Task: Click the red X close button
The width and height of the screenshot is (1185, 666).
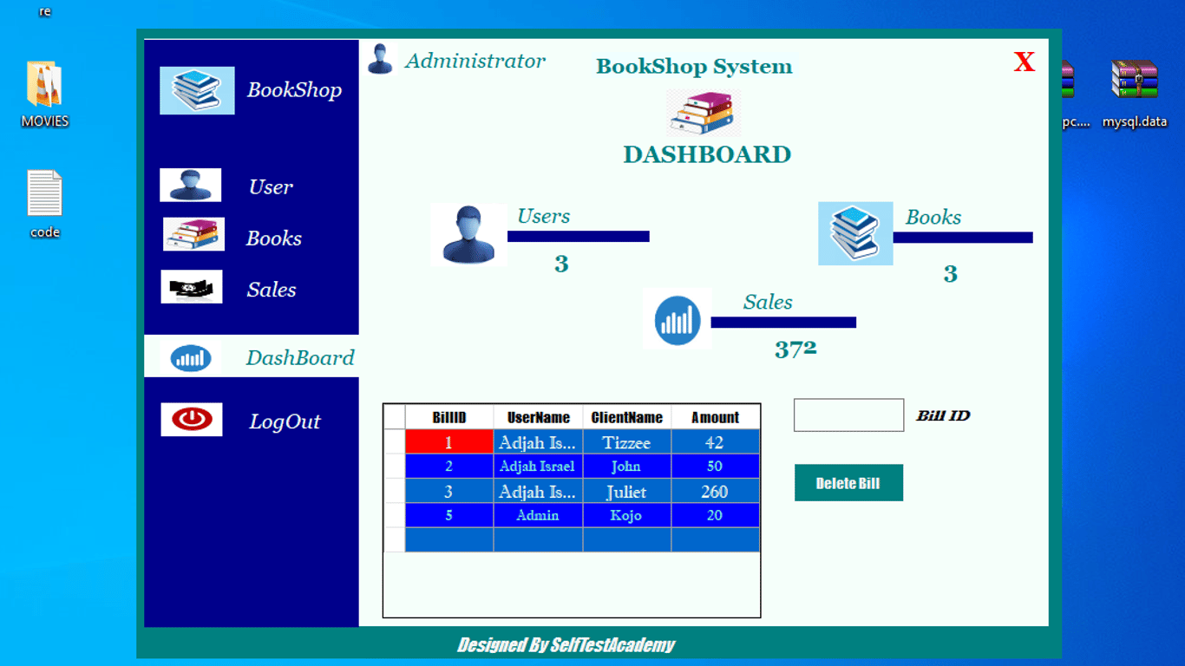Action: [1025, 62]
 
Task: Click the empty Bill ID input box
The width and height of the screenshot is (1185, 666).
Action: [848, 415]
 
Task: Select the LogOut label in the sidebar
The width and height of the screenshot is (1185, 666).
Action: [285, 421]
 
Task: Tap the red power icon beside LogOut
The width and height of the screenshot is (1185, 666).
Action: [192, 419]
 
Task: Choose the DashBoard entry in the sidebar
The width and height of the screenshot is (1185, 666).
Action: [300, 357]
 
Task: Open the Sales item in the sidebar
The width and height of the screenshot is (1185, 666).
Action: [272, 290]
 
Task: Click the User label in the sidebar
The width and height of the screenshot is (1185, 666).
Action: [271, 186]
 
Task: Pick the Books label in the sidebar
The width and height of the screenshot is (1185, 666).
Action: [274, 238]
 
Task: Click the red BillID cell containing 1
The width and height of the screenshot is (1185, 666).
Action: [449, 441]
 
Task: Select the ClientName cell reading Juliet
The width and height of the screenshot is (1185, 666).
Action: [626, 492]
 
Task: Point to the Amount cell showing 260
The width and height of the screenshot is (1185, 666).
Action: [715, 492]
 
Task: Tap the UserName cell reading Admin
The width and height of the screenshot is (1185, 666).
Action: [538, 515]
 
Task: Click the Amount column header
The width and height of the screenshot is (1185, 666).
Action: [715, 417]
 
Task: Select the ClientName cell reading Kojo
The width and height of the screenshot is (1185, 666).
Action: [626, 515]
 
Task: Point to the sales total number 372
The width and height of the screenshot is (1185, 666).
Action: [795, 349]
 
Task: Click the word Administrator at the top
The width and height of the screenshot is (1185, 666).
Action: [475, 61]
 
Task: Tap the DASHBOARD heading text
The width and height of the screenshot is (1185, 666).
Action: [707, 154]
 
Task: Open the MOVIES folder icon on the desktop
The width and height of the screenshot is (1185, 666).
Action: [44, 85]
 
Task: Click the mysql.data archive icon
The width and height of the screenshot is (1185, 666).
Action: [1135, 80]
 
